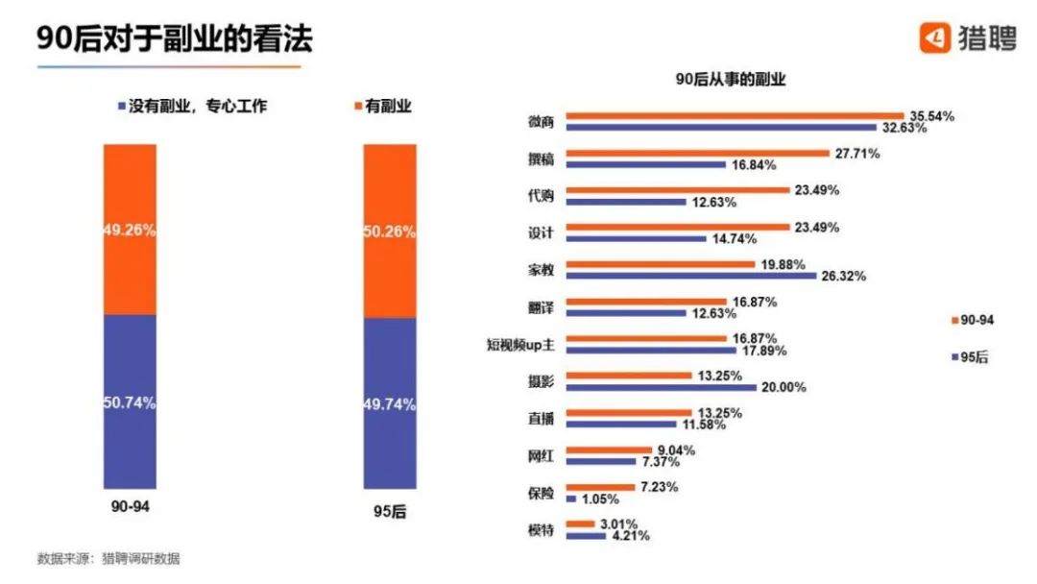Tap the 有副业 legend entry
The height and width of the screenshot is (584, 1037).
point(383,107)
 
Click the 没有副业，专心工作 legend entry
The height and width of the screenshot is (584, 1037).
point(191,107)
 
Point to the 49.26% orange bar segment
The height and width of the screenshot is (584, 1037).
point(130,230)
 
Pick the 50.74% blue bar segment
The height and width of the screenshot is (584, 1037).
point(130,401)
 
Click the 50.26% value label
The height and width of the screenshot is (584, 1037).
point(390,231)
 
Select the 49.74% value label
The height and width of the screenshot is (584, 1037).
point(390,404)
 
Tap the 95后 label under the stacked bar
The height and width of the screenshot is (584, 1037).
point(390,513)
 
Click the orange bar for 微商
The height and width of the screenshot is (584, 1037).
point(735,116)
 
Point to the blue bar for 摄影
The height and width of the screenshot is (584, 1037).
point(662,388)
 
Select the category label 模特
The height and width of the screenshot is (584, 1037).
point(541,530)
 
